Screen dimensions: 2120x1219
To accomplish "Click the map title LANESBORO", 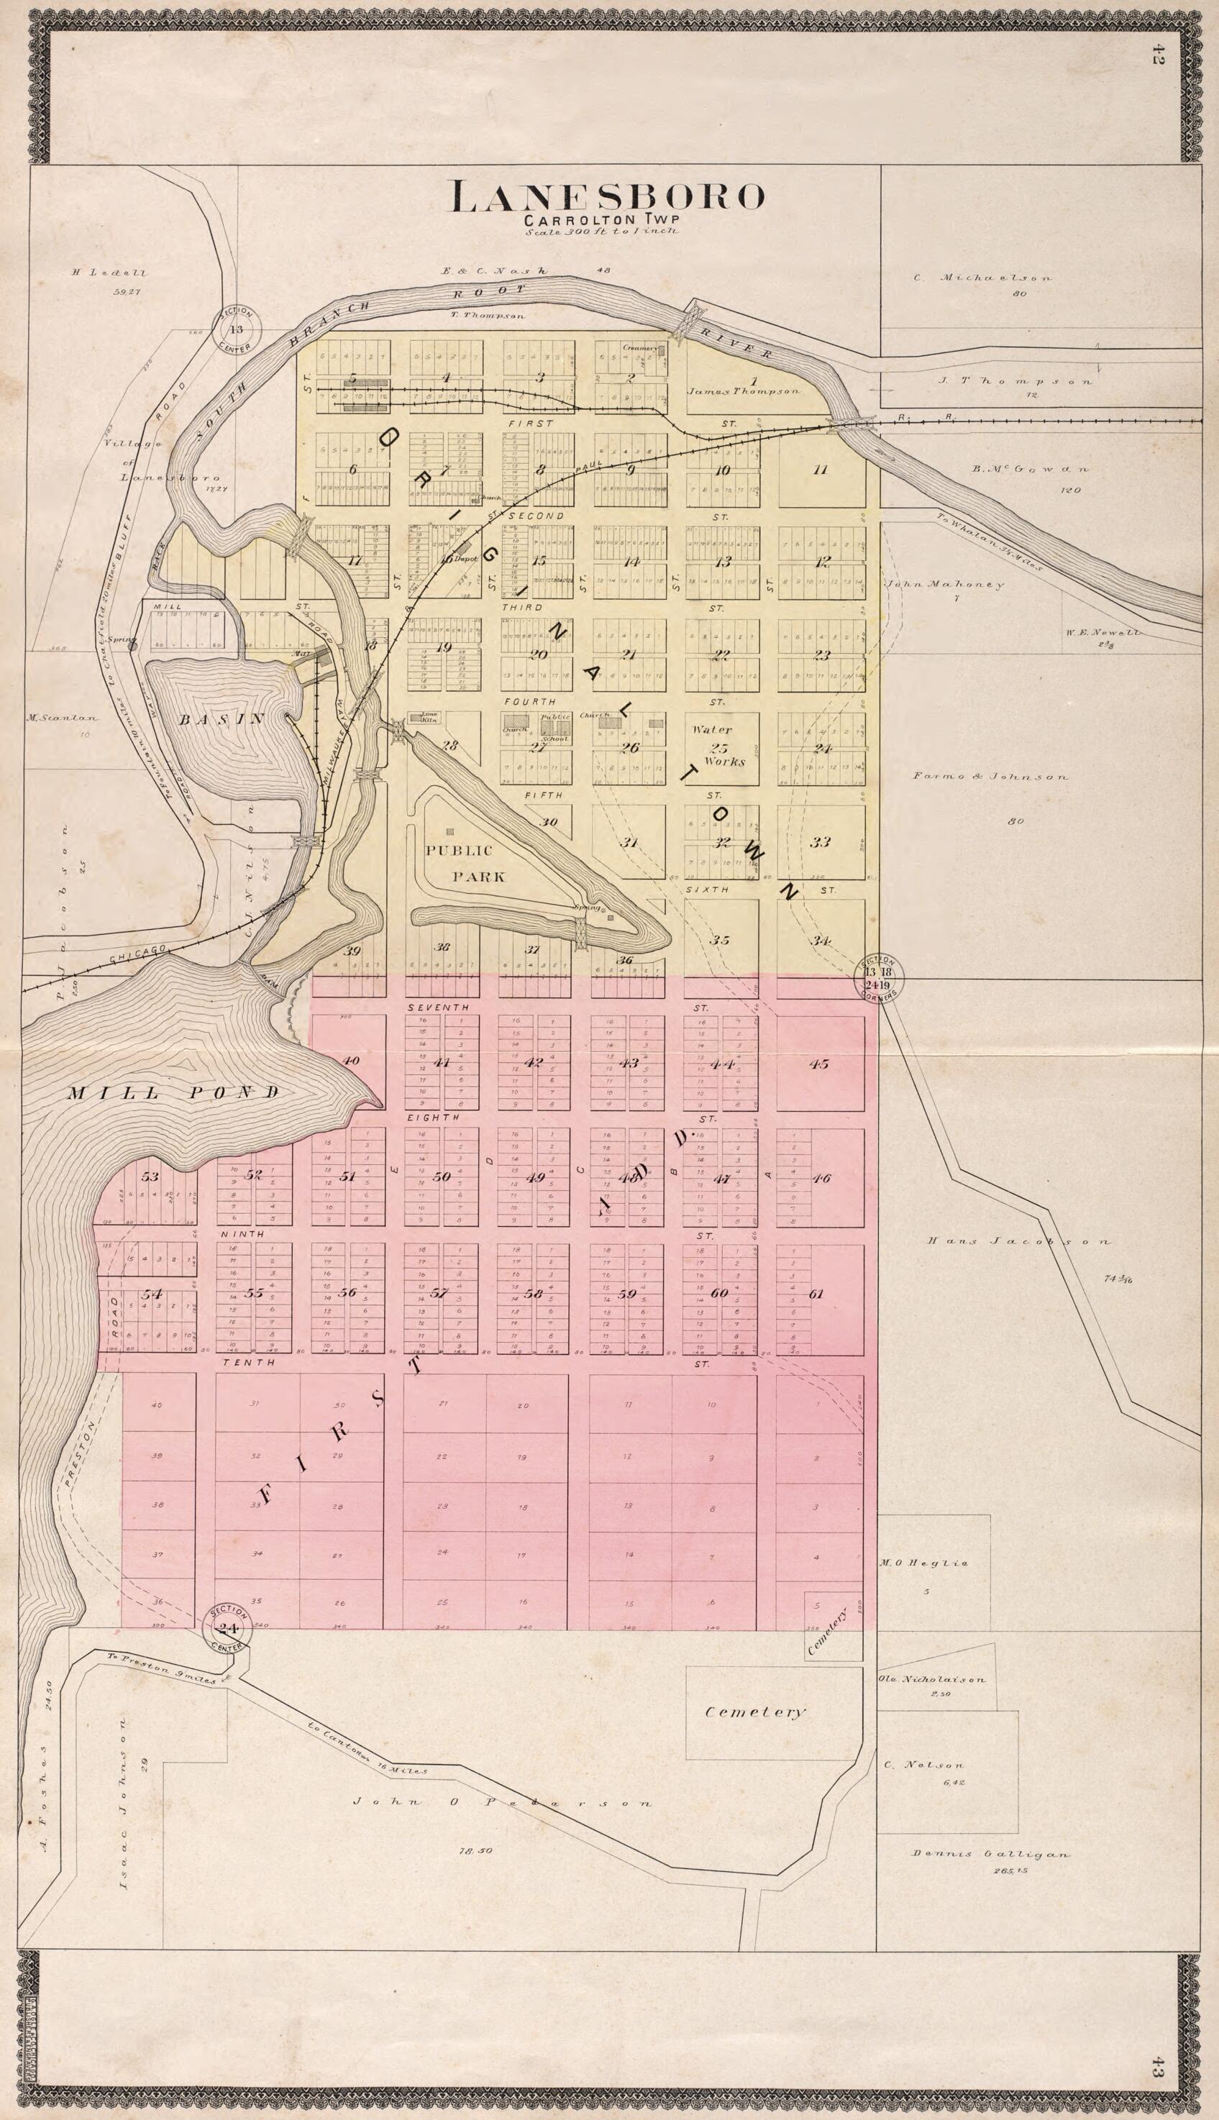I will point(608,198).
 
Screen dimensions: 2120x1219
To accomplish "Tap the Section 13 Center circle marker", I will point(237,329).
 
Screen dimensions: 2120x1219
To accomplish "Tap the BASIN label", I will point(222,719).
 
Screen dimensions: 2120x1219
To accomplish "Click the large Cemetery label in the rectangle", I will point(754,1712).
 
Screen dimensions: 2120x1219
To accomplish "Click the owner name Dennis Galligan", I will point(990,1854).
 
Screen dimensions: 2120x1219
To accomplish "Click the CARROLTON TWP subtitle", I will point(601,220).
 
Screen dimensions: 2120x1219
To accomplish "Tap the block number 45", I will point(819,1064).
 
